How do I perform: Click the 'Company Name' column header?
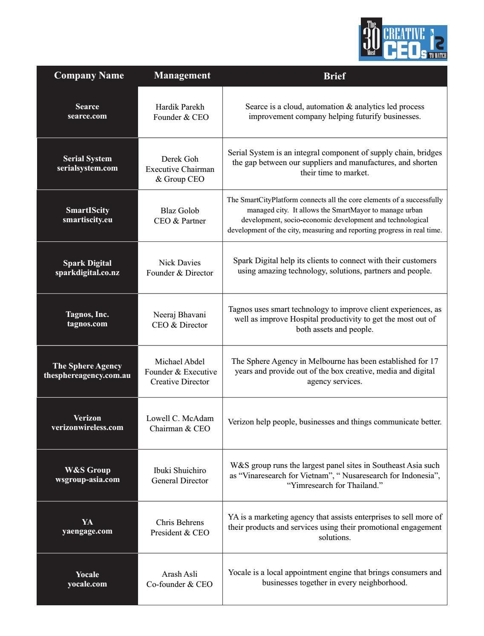pos(89,76)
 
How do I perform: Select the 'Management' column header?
pos(182,76)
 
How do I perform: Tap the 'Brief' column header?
pos(334,76)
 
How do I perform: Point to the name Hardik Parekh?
pos(180,107)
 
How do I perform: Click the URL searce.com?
pos(87,116)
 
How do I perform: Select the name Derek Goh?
pos(180,159)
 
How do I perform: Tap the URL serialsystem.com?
pos(87,168)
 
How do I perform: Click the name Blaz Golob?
pos(180,211)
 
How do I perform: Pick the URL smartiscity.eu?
pos(87,220)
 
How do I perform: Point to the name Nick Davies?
pos(180,263)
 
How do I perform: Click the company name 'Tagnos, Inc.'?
pos(87,314)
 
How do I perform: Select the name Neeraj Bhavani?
pos(180,315)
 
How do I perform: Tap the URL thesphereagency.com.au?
pos(87,376)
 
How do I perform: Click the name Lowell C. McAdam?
pos(180,418)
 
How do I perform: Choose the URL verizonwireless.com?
pos(87,427)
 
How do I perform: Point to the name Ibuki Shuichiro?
pos(180,470)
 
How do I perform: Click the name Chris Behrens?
pos(180,523)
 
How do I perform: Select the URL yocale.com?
pos(87,584)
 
